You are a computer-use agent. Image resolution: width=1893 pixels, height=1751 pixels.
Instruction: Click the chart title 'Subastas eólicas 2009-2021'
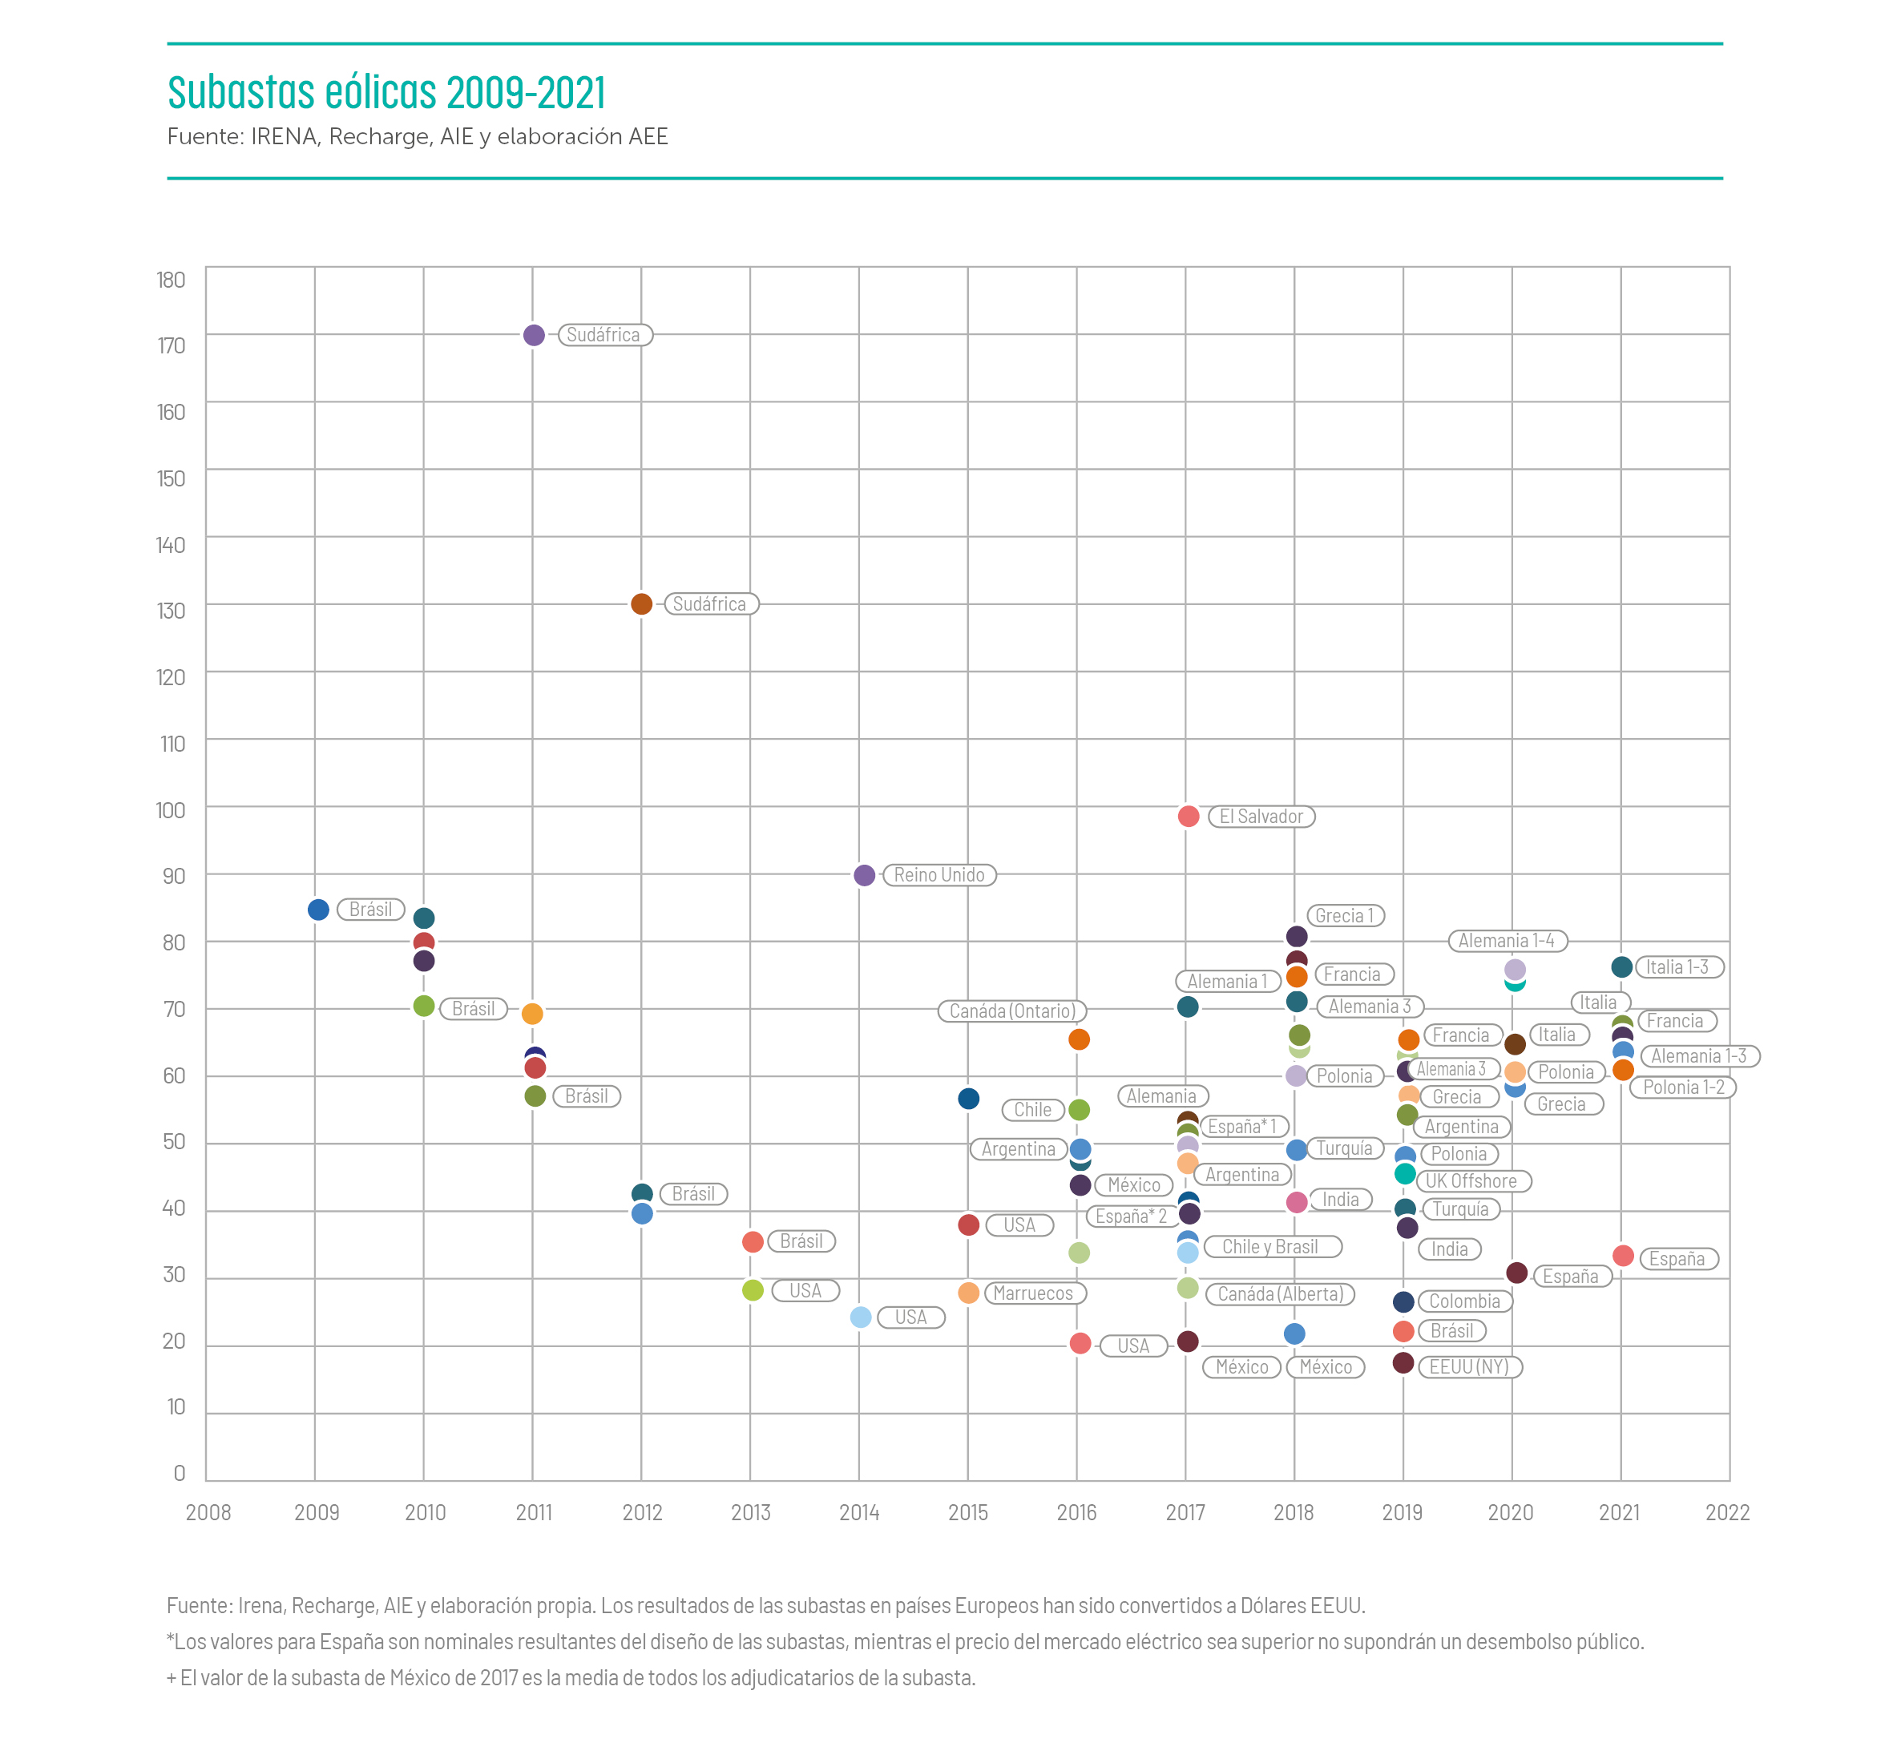click(386, 92)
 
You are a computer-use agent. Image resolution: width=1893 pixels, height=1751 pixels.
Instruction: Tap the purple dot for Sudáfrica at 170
click(534, 334)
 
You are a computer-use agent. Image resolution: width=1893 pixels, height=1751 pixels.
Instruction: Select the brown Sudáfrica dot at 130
click(641, 603)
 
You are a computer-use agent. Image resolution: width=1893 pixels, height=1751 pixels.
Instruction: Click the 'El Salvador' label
click(1260, 817)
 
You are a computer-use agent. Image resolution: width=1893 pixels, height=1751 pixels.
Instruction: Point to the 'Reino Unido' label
click(939, 875)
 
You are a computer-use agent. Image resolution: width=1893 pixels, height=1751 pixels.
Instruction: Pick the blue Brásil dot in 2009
click(318, 910)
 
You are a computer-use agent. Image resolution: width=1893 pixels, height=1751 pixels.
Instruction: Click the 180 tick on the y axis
click(172, 280)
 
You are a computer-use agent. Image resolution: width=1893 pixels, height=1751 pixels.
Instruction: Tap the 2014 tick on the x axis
click(859, 1512)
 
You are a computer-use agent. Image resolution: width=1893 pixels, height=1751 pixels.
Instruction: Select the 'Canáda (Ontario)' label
click(1012, 1011)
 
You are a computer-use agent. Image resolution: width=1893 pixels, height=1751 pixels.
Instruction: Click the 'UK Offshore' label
click(1471, 1180)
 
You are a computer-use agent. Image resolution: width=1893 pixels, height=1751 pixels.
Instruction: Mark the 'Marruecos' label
click(1033, 1293)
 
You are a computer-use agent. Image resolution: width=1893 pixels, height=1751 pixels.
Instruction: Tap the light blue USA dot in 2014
click(860, 1317)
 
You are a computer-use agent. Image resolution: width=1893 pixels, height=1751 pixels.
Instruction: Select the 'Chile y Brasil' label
click(1269, 1247)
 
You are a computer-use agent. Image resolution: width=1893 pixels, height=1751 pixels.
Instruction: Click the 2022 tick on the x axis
click(1727, 1512)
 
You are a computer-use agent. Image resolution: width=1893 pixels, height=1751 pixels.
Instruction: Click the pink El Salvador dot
click(1188, 816)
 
